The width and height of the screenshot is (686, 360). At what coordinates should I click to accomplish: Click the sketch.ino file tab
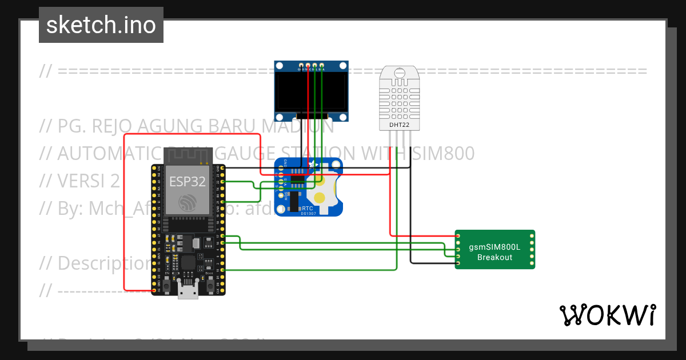101,25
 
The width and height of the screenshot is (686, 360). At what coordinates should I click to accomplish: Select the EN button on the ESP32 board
166,286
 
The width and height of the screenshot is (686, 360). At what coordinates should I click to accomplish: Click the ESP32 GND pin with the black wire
222,169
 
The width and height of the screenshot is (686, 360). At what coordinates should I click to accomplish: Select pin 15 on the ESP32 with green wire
222,269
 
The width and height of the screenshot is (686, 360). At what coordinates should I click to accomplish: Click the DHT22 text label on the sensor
398,124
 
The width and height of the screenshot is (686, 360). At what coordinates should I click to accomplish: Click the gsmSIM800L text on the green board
495,247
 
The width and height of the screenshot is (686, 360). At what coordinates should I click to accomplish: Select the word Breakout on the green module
495,257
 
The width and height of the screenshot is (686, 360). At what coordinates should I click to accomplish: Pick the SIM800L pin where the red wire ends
458,235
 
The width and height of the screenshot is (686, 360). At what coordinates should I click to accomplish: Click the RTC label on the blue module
307,209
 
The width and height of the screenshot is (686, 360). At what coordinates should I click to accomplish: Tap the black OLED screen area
312,91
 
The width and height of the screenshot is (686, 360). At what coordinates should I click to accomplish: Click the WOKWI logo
607,315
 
